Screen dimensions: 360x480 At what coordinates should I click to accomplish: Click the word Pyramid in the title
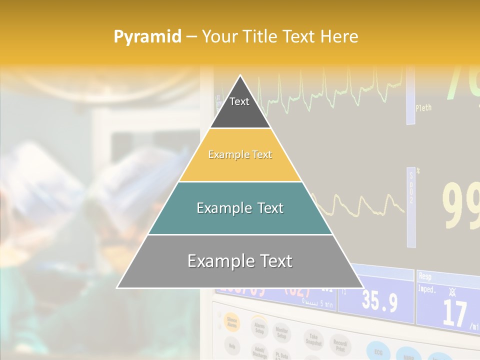point(147,36)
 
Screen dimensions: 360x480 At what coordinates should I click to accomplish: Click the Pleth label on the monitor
point(423,107)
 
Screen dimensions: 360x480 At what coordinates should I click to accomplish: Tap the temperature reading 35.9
point(380,302)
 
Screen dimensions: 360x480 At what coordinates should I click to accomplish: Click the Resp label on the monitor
point(425,276)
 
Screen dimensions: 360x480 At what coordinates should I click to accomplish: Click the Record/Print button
point(340,345)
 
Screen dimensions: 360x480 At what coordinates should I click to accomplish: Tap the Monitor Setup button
point(282,332)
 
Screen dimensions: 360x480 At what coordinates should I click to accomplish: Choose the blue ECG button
point(378,350)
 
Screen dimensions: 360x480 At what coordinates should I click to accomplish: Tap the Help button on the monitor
point(232,345)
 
